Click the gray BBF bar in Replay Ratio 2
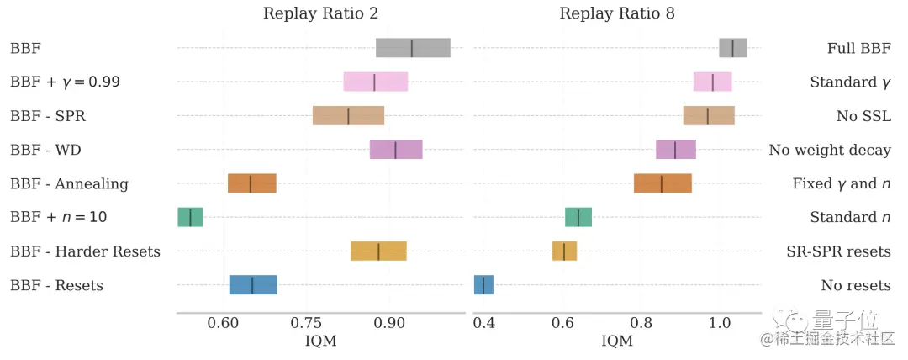[412, 48]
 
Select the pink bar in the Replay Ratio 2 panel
[375, 82]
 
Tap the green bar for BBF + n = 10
[190, 217]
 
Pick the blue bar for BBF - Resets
[253, 285]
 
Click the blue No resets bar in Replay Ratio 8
[483, 285]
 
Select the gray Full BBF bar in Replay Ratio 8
[732, 48]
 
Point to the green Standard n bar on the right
[578, 217]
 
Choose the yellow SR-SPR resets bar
[564, 251]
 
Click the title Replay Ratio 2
[320, 13]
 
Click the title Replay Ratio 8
[616, 13]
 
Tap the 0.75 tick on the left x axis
[306, 323]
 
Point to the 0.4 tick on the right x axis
[483, 323]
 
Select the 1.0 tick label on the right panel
[720, 323]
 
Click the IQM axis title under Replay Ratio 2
[320, 341]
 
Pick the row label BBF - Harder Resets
[85, 251]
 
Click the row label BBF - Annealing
[69, 183]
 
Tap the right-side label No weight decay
[829, 150]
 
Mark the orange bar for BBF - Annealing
[251, 183]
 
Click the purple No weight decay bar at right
[675, 150]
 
